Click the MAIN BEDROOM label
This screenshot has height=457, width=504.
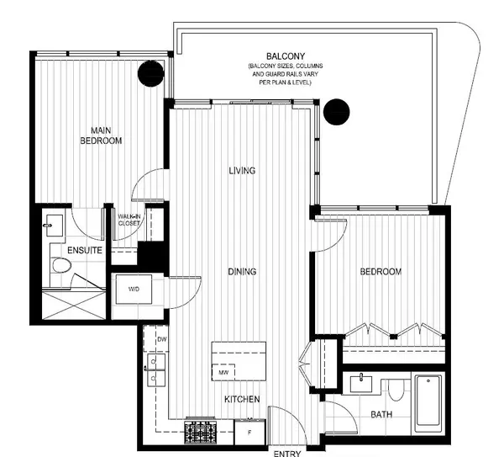101,136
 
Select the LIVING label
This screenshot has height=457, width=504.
241,171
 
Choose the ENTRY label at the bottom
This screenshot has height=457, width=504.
286,454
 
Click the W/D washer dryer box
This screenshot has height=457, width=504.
134,289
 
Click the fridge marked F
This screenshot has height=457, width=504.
249,432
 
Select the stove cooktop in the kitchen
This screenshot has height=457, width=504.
202,432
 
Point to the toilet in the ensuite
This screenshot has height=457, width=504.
61,266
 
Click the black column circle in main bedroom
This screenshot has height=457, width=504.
150,74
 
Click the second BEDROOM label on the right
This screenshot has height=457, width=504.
381,272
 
